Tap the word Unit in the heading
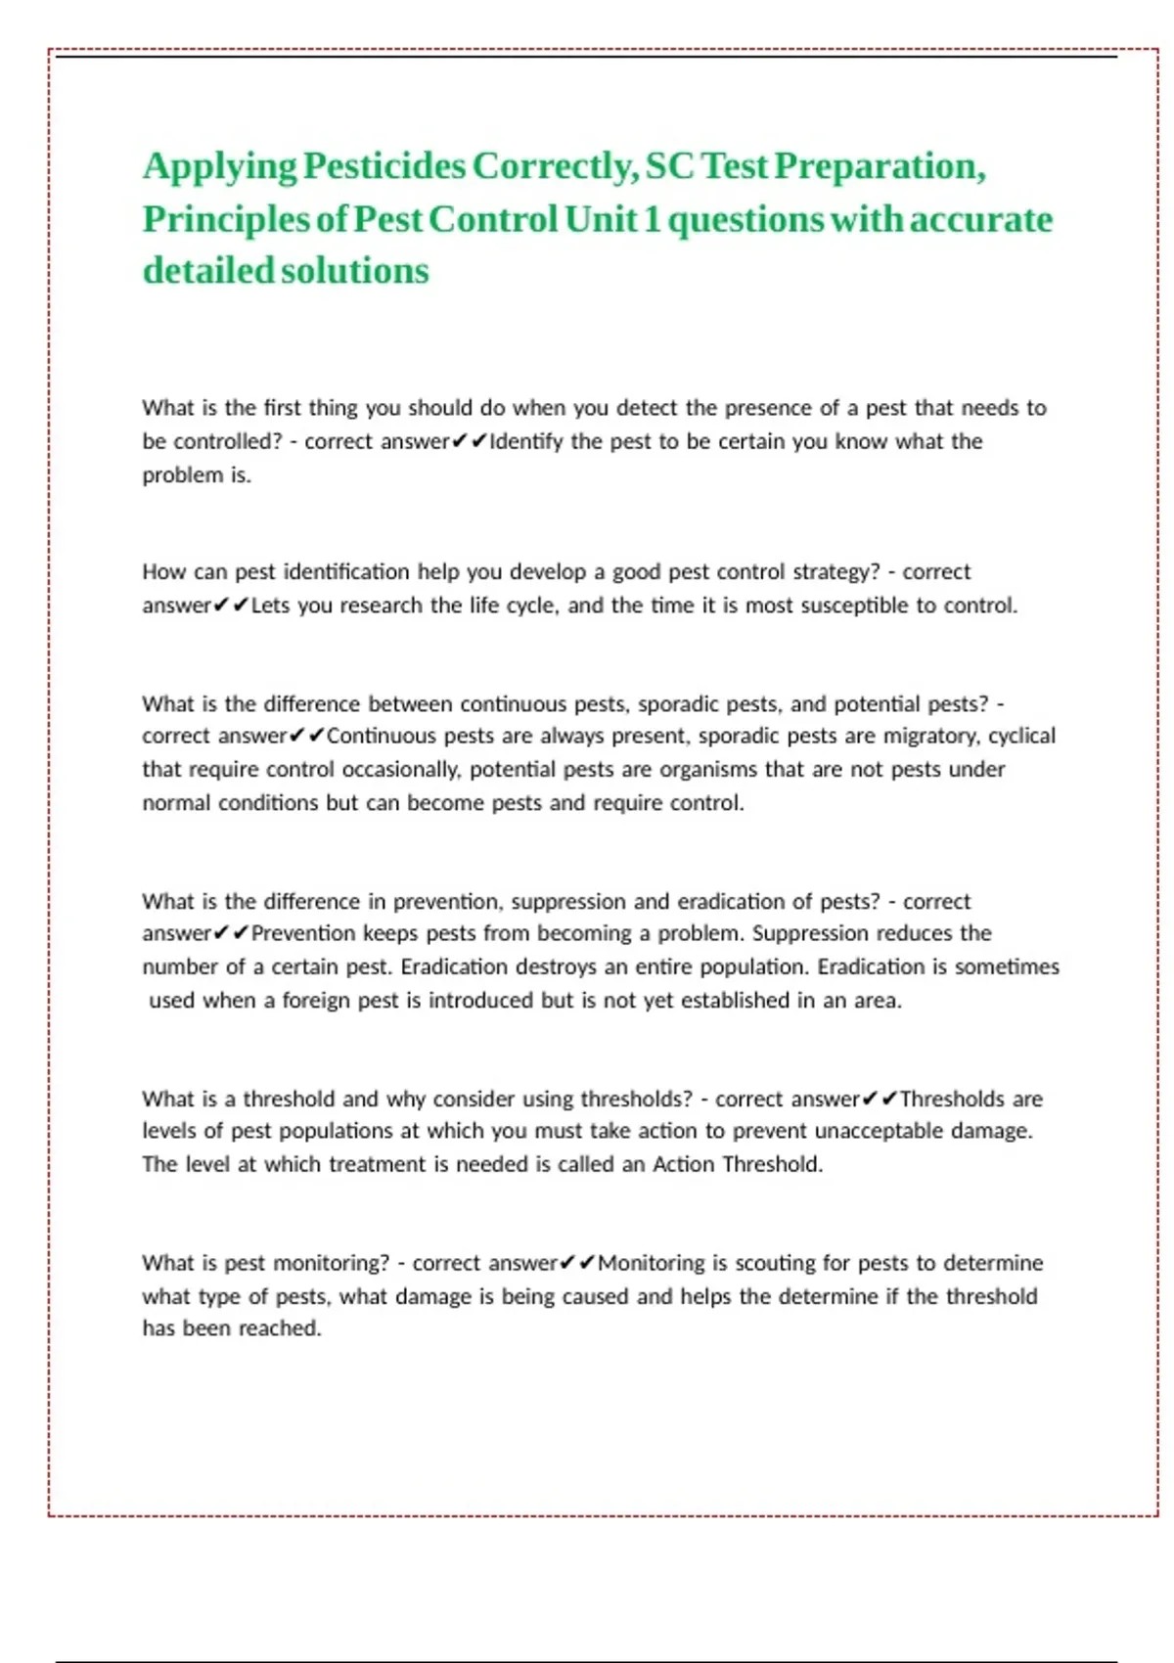point(601,219)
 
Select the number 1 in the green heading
point(652,219)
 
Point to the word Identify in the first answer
point(525,441)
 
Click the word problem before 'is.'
point(183,475)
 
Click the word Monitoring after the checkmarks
point(651,1263)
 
